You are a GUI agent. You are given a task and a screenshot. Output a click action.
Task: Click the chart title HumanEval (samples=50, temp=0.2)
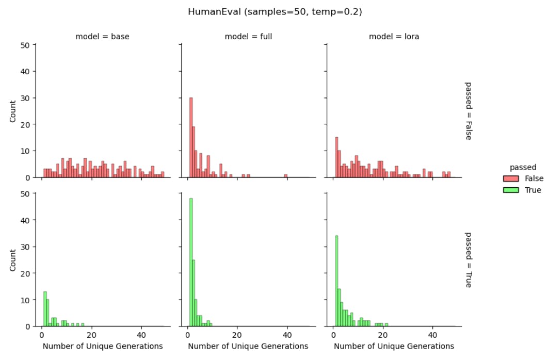275,11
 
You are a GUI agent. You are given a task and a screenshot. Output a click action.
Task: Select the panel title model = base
102,37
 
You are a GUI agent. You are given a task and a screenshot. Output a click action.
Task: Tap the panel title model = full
248,37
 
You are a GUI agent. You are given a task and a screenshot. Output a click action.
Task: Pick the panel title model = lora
393,37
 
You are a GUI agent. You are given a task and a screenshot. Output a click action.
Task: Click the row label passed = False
468,111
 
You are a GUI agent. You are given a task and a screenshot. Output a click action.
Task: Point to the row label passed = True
468,259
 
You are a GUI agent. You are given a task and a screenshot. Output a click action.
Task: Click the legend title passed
523,167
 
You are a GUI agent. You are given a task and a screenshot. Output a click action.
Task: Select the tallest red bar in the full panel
191,137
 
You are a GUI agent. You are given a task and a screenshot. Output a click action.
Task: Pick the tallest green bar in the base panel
45,308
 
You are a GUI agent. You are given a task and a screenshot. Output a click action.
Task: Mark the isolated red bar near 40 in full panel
285,176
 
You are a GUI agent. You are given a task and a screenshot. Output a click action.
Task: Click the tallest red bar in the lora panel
336,157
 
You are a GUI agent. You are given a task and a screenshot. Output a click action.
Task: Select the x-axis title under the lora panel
394,346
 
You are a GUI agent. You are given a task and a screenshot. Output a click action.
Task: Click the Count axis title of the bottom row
13,260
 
